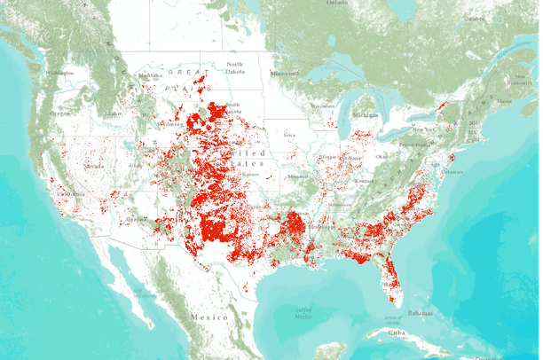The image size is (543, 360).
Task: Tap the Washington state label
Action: coord(59,72)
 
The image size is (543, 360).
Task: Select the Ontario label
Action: coord(337,4)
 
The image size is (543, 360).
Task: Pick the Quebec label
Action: coord(476,18)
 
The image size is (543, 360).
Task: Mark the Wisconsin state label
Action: coord(323,106)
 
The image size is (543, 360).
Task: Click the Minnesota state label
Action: coord(286,73)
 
